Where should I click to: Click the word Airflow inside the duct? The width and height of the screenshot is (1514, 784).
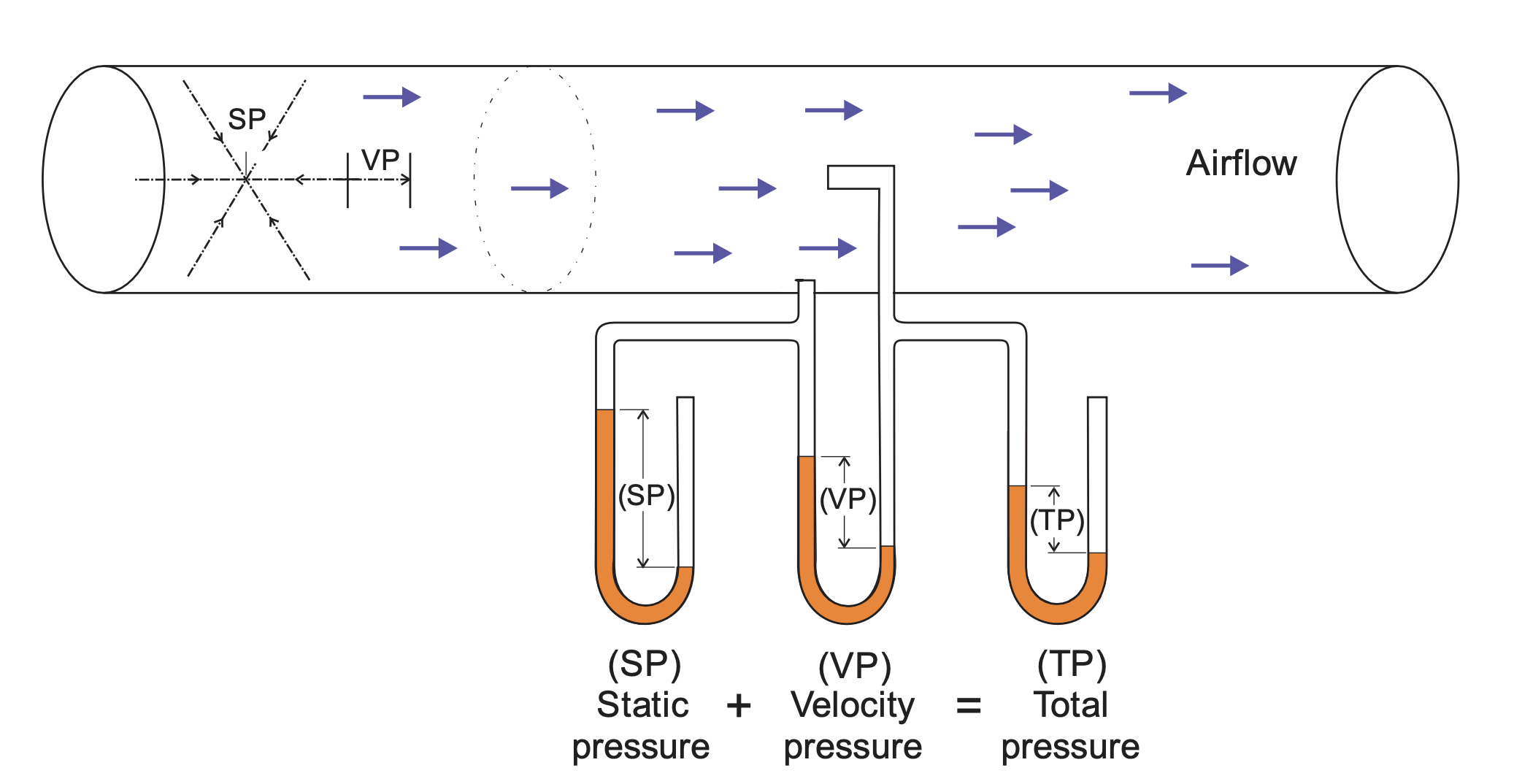click(x=1241, y=163)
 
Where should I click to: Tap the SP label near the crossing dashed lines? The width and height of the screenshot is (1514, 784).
click(x=247, y=119)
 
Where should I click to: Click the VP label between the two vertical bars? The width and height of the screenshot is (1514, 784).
click(x=380, y=160)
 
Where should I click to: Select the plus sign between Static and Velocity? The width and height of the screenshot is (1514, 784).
click(x=739, y=706)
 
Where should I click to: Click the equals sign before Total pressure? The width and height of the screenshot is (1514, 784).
click(x=969, y=706)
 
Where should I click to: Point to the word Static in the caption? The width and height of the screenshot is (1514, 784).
click(x=642, y=704)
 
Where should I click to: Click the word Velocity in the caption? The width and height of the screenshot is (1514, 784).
click(x=852, y=705)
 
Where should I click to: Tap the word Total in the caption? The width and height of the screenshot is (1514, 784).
click(x=1071, y=704)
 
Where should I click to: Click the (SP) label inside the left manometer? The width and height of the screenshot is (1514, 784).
click(x=646, y=496)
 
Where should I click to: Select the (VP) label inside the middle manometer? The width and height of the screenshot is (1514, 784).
click(x=848, y=500)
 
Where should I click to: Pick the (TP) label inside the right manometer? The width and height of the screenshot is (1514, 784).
click(x=1057, y=520)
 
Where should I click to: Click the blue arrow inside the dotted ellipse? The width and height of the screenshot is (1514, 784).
click(x=539, y=188)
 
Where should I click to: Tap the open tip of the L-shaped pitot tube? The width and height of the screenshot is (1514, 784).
click(x=830, y=177)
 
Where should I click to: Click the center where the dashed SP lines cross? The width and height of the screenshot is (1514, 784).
click(x=247, y=180)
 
